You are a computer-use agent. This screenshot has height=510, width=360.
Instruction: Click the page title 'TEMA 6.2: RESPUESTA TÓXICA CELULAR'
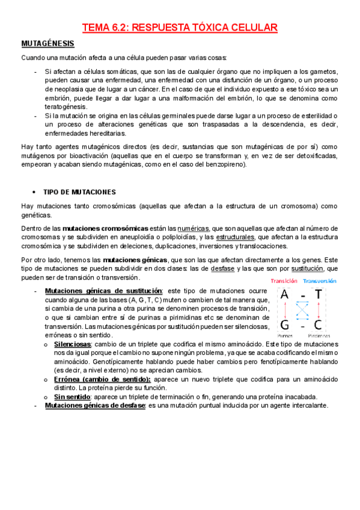[180, 27]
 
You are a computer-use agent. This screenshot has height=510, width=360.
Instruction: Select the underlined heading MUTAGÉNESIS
[48, 44]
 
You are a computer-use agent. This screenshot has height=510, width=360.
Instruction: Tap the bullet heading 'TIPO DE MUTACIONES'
[79, 192]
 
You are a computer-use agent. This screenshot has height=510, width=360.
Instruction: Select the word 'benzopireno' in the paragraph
[225, 164]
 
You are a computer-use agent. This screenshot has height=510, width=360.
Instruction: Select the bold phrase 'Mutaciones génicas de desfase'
[95, 405]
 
